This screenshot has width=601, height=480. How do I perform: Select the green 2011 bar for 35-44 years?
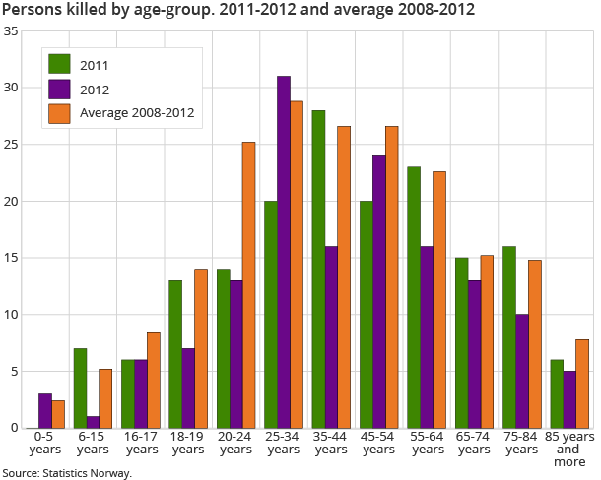tap(318, 270)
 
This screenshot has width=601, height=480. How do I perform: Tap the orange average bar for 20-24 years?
tap(248, 285)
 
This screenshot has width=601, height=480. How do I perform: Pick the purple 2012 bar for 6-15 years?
tap(92, 422)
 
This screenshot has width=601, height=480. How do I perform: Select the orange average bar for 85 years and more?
tap(582, 384)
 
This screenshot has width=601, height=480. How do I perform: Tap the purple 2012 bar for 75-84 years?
tap(522, 372)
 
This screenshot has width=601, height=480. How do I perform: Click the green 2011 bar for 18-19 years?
tap(175, 354)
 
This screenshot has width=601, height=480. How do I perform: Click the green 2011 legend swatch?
tap(60, 65)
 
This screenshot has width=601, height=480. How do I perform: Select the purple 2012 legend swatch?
tap(60, 90)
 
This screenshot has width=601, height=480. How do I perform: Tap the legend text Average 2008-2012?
tap(137, 113)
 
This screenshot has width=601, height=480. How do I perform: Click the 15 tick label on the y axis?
tap(11, 259)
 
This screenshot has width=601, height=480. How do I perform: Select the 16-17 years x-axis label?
tap(140, 443)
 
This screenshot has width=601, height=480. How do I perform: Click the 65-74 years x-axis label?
tap(475, 443)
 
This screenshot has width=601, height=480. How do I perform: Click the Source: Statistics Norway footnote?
tap(67, 473)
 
